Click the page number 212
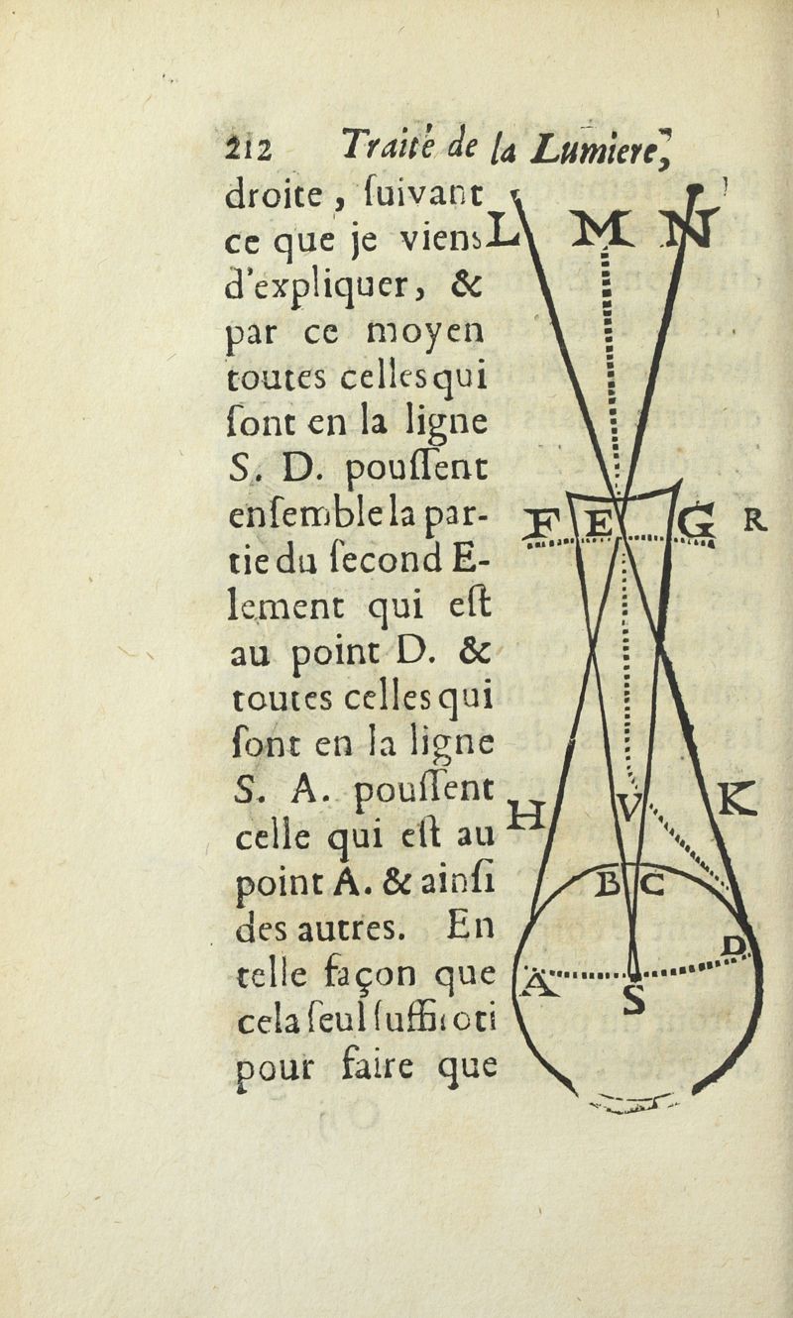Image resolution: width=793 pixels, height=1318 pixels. click(x=248, y=151)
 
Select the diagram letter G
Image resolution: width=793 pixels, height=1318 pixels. click(x=696, y=522)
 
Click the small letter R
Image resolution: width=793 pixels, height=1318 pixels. click(x=753, y=520)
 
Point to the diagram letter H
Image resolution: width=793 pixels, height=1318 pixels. click(x=528, y=817)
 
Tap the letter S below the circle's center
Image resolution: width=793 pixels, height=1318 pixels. click(x=634, y=999)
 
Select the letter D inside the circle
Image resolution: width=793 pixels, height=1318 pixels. click(x=734, y=946)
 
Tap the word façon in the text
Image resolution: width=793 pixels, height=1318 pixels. click(x=374, y=974)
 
